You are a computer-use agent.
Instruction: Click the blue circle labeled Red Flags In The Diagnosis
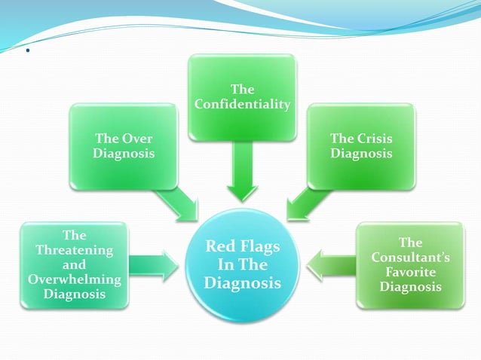click(242, 264)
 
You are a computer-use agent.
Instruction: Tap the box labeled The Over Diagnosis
click(124, 146)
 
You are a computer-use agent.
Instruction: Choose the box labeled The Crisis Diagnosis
click(361, 146)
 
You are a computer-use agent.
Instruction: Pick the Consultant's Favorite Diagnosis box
click(410, 265)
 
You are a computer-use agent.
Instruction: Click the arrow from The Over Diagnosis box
click(176, 203)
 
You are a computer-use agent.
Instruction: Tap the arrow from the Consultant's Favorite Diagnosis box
click(332, 264)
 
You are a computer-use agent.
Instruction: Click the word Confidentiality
click(242, 104)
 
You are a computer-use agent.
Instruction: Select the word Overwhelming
click(74, 279)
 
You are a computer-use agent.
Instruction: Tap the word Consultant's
click(410, 258)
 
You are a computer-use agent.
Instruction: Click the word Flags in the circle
click(259, 248)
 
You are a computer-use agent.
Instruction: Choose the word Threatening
click(74, 250)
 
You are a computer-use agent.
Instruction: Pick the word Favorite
click(410, 272)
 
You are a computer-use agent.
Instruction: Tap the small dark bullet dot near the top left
click(26, 53)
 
